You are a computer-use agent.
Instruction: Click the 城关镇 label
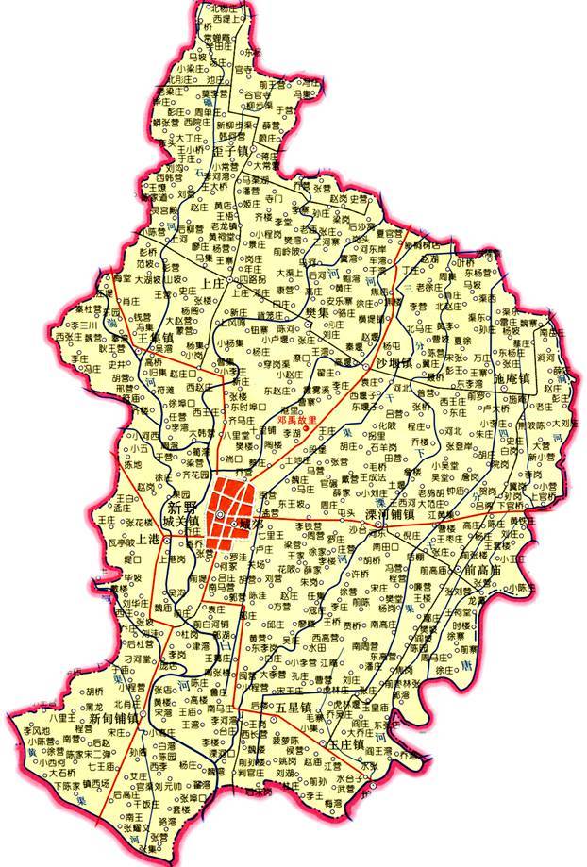tap(181, 521)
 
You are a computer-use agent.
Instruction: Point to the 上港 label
tap(148, 540)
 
